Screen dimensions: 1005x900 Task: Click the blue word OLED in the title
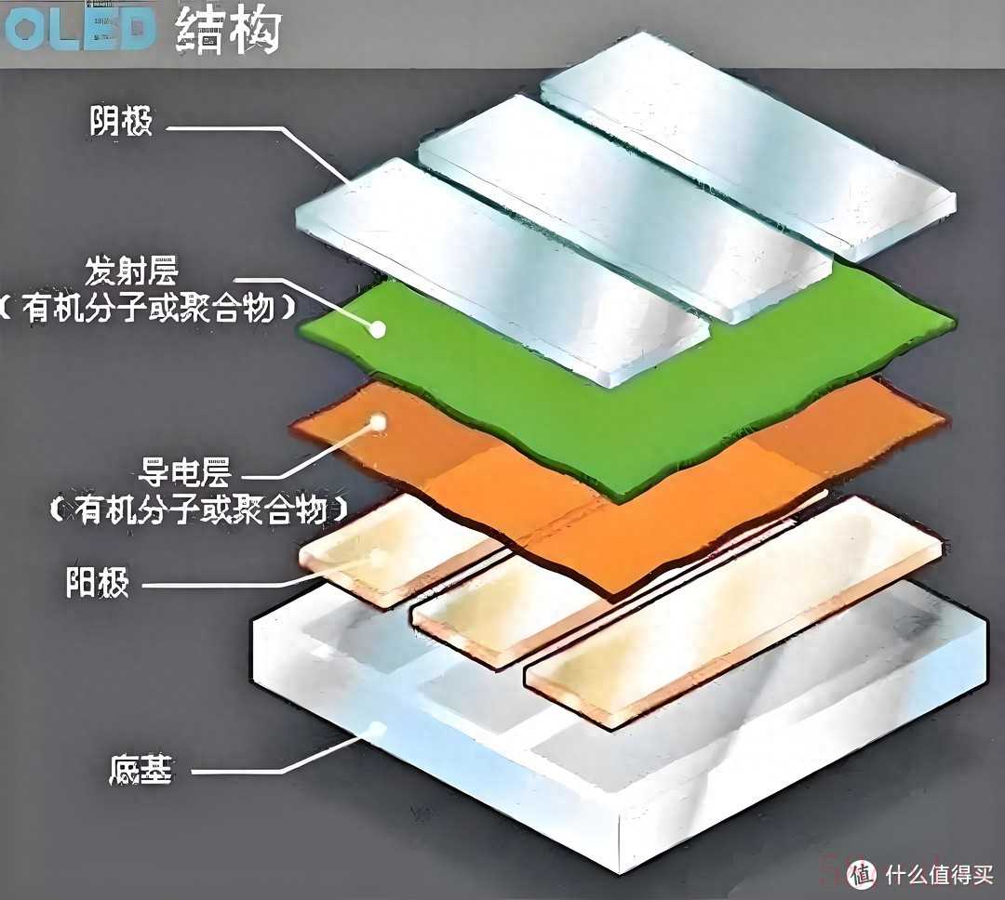coord(79,30)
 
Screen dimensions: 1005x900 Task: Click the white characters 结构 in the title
coord(228,30)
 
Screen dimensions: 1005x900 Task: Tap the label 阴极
coord(120,121)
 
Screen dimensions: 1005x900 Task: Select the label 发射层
coord(131,271)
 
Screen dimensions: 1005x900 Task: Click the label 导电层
coord(184,472)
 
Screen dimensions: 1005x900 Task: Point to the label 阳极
coord(98,582)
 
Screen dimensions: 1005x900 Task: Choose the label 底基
coord(141,769)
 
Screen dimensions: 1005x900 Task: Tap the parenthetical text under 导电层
coord(199,510)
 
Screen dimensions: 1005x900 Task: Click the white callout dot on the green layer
coord(378,329)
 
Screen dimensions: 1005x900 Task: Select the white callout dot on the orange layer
coord(379,423)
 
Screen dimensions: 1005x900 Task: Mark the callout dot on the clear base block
coord(378,729)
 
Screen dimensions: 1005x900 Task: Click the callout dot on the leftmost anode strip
coord(379,557)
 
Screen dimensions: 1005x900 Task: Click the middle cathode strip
coord(625,208)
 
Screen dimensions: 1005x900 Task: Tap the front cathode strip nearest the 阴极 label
coord(503,272)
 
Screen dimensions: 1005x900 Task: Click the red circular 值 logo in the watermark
coord(862,874)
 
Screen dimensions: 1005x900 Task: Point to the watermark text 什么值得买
coord(939,874)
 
